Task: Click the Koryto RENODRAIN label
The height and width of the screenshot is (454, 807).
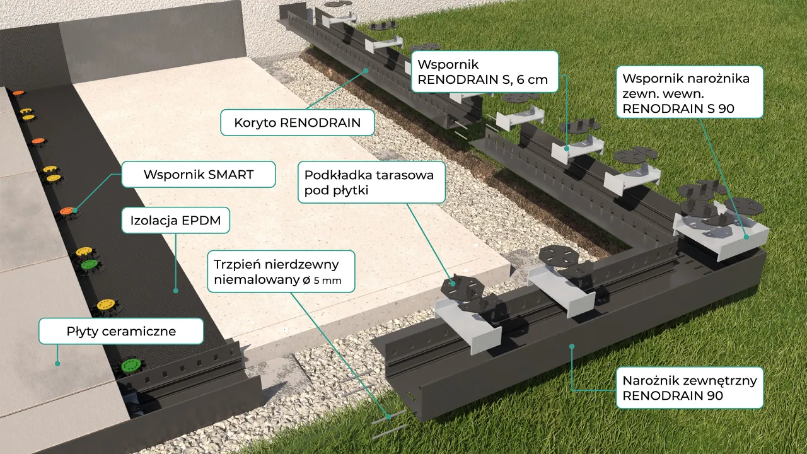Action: [x=297, y=122]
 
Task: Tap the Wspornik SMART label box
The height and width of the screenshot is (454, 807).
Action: [x=198, y=175]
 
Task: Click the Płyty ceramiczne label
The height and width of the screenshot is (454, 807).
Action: [x=121, y=331]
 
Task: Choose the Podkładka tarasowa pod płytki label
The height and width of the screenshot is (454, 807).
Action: [x=369, y=182]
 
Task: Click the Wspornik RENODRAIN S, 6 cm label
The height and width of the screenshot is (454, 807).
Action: [x=485, y=72]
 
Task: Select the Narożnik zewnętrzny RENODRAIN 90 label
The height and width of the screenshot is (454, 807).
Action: [x=689, y=388]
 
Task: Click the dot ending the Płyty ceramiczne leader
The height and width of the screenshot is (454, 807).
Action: [x=57, y=363]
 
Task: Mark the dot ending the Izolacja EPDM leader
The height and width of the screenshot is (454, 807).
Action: [x=175, y=291]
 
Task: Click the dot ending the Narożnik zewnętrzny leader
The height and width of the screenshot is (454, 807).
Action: [x=571, y=346]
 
